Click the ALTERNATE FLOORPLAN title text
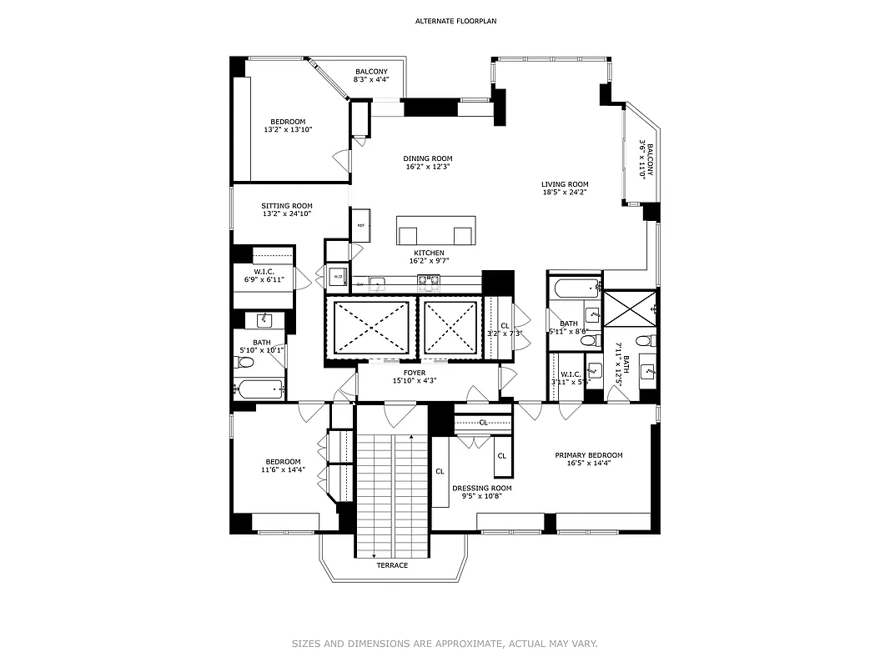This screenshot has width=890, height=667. [x=445, y=20]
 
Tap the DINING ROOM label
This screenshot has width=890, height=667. [x=428, y=158]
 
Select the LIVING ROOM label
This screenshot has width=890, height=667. [x=565, y=184]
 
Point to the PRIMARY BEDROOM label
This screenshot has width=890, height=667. [x=589, y=455]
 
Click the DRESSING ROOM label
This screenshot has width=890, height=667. [x=482, y=488]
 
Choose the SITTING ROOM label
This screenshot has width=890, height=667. [x=287, y=206]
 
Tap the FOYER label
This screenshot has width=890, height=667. [x=415, y=373]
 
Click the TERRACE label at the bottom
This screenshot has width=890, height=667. [x=392, y=565]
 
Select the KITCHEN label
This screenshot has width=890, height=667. [x=429, y=253]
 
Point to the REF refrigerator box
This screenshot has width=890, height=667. [x=361, y=226]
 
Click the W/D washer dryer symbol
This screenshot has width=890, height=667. [x=338, y=277]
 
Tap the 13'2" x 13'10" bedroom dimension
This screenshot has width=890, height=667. [x=287, y=130]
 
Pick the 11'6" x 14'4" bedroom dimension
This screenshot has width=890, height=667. [x=283, y=470]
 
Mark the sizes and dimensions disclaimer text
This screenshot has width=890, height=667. [x=445, y=644]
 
